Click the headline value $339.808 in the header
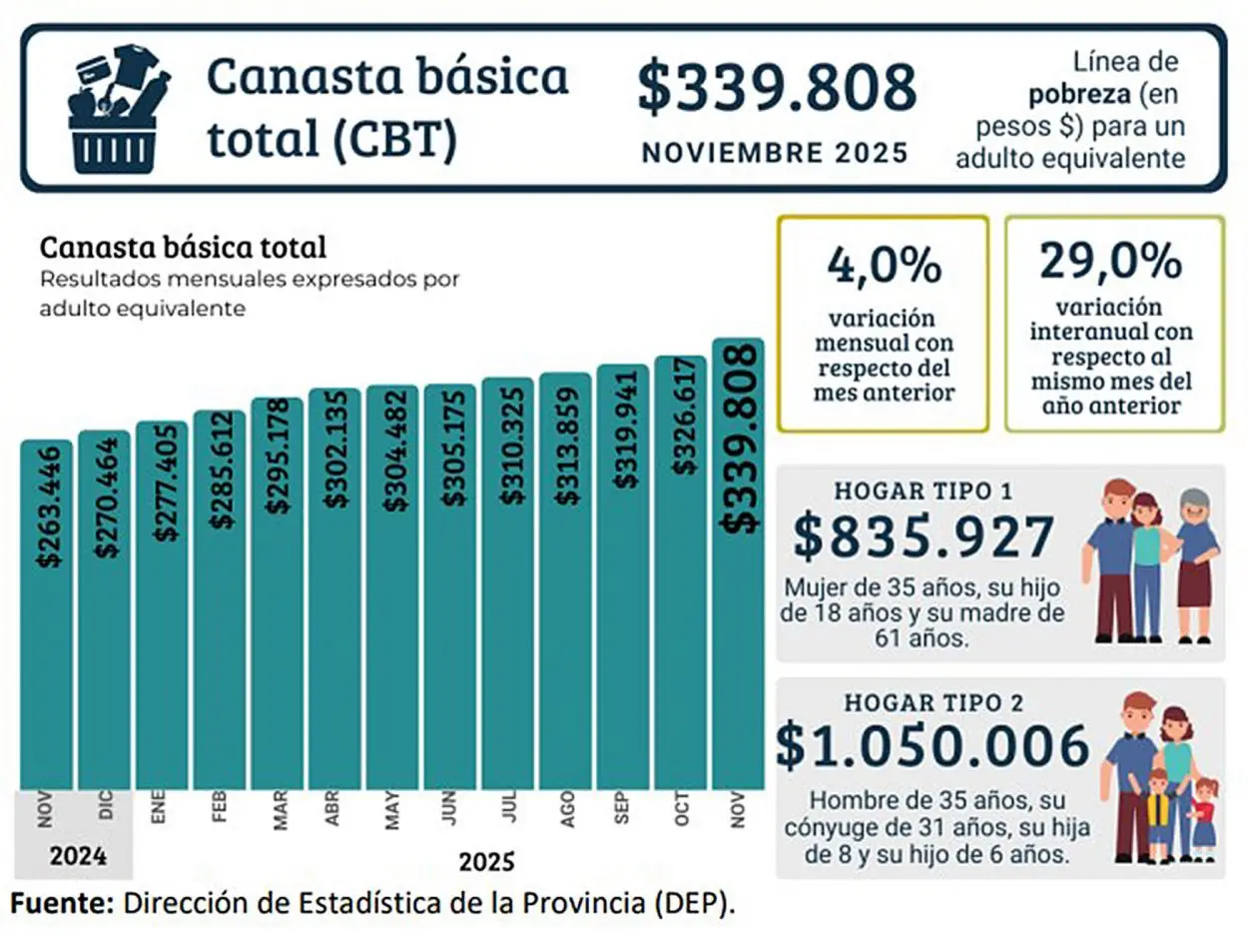coord(777,88)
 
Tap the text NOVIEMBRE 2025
coord(775,153)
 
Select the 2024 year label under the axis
coord(75,857)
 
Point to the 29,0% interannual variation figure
coord(1111,262)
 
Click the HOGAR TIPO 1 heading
coord(923,491)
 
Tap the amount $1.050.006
coord(933,746)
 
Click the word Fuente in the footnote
coord(60,903)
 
